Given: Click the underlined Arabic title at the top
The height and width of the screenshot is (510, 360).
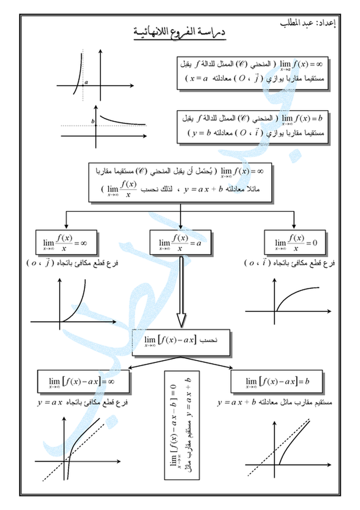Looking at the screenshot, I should [x=179, y=34].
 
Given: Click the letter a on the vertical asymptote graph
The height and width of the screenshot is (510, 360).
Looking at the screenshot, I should [x=86, y=82].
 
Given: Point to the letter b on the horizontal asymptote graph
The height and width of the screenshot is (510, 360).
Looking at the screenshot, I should [x=93, y=121].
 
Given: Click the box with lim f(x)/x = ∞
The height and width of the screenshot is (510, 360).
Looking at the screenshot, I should [x=65, y=242].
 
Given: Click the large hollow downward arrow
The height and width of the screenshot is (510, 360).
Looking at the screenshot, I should [x=181, y=292].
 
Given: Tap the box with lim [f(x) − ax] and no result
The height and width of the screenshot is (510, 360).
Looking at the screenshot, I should [x=181, y=342].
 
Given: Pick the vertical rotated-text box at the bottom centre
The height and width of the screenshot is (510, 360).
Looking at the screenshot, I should [x=182, y=425].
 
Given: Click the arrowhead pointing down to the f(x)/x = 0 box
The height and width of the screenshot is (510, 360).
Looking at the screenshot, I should [x=294, y=226].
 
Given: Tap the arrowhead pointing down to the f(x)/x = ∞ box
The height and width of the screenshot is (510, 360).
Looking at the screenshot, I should [x=66, y=226].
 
